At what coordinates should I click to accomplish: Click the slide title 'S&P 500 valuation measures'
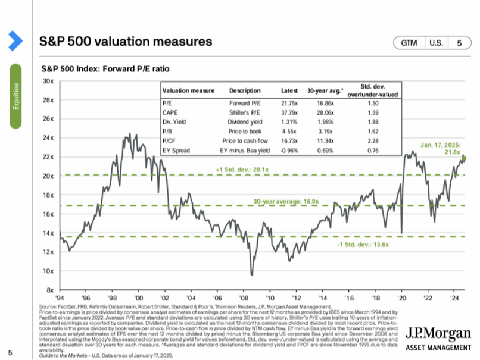[x=126, y=42]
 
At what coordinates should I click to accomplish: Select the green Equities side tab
[x=16, y=96]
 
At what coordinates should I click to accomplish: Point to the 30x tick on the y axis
[x=48, y=80]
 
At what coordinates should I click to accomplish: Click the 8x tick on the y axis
[x=49, y=290]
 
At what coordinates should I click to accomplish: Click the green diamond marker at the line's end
[x=464, y=159]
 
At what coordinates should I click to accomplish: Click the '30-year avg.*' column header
[x=323, y=91]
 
